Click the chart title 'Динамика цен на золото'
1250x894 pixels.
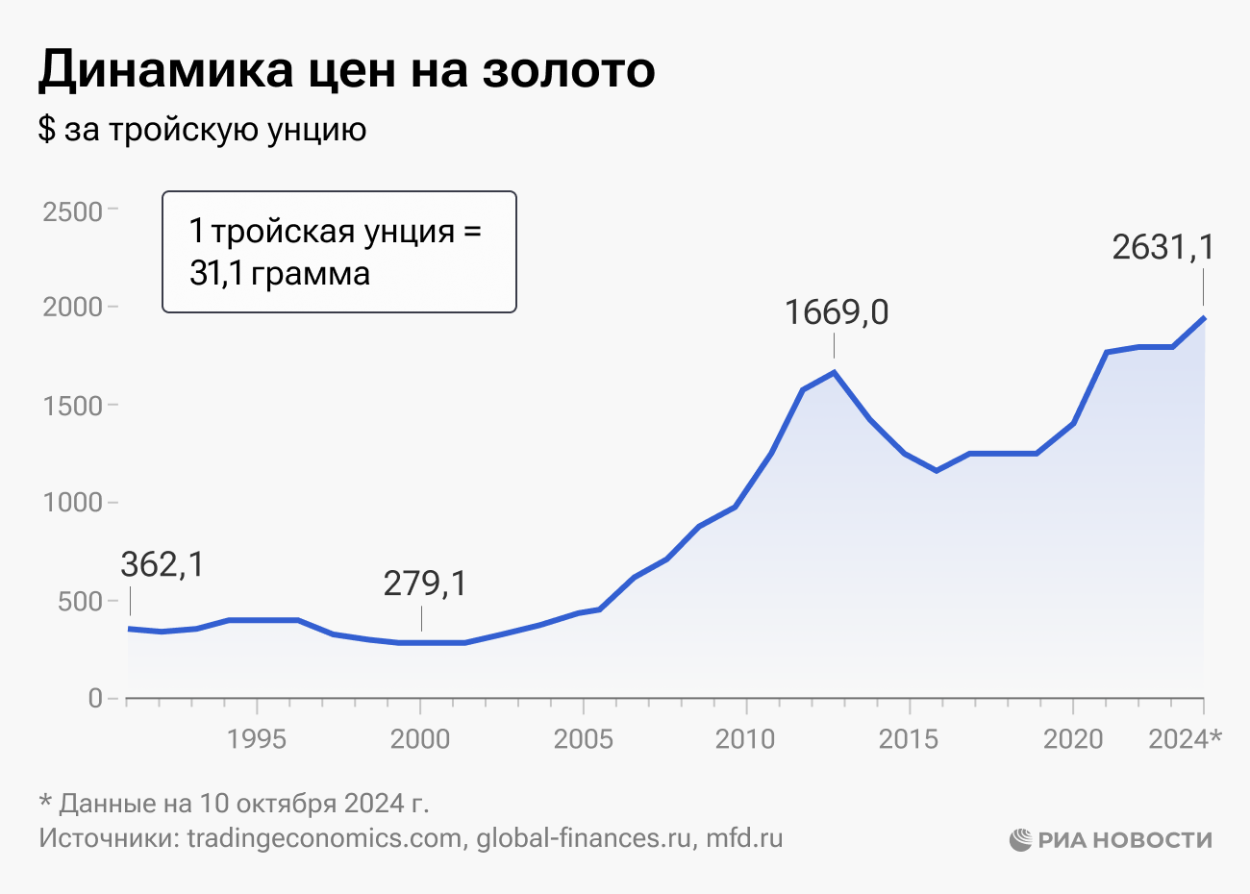pyautogui.click(x=346, y=70)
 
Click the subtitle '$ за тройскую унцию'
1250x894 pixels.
pyautogui.click(x=202, y=130)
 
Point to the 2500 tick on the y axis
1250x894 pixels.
pyautogui.click(x=72, y=211)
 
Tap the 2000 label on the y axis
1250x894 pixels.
pyautogui.click(x=72, y=308)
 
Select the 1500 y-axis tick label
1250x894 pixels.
pyautogui.click(x=72, y=406)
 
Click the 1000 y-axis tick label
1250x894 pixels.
pyautogui.click(x=72, y=503)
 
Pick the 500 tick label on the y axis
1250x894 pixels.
pyautogui.click(x=81, y=602)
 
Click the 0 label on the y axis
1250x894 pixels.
pyautogui.click(x=95, y=699)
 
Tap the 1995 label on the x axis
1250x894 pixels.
pyautogui.click(x=257, y=739)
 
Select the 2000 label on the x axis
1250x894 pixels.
pyautogui.click(x=420, y=739)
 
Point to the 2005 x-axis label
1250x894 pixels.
pyautogui.click(x=583, y=739)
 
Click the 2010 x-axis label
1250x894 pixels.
pyautogui.click(x=745, y=739)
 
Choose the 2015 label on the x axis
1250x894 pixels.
pyautogui.click(x=909, y=739)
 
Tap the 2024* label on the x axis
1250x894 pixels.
pyautogui.click(x=1186, y=739)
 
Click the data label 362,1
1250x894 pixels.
pyautogui.click(x=162, y=565)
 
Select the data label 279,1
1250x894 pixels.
pyautogui.click(x=425, y=584)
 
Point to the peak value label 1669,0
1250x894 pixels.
pyautogui.click(x=836, y=312)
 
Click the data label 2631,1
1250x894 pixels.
pyautogui.click(x=1163, y=248)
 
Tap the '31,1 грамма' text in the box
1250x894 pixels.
pyautogui.click(x=280, y=274)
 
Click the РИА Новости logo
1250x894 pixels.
pyautogui.click(x=1112, y=840)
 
